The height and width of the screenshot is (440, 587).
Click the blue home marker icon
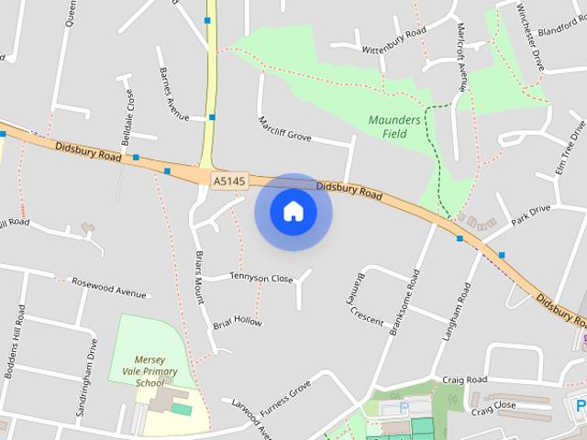click(x=293, y=212)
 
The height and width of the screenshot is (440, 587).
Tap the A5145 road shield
click(x=228, y=181)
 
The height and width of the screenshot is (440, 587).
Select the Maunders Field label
click(x=394, y=126)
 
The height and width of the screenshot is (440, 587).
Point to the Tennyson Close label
click(x=260, y=277)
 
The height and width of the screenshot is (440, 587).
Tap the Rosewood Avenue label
click(x=109, y=288)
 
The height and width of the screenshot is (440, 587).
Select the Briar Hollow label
click(x=238, y=323)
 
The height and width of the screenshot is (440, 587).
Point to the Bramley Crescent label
click(x=354, y=296)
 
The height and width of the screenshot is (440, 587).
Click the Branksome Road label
click(x=404, y=303)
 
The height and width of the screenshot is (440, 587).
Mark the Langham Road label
click(x=456, y=312)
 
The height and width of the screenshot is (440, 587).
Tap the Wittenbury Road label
click(x=394, y=40)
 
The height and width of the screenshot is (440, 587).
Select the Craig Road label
click(x=464, y=379)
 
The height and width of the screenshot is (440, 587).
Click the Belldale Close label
click(x=128, y=115)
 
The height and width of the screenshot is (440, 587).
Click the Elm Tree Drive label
click(x=570, y=147)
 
